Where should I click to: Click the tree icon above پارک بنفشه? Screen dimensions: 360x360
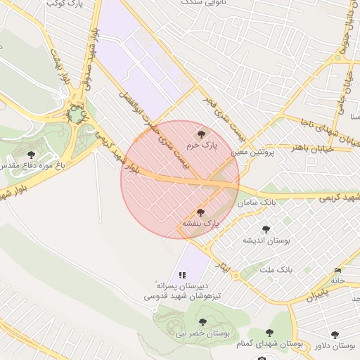(x=200, y=212)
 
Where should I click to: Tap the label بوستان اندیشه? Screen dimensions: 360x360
(x=266, y=240)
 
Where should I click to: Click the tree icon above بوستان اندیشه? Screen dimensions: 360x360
(x=266, y=229)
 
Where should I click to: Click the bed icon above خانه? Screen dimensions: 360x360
(x=339, y=270)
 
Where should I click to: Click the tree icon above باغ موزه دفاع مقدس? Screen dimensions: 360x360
(x=30, y=154)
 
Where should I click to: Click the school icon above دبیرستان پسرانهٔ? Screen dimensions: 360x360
(x=182, y=275)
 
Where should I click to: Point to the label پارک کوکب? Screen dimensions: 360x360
(x=61, y=4)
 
